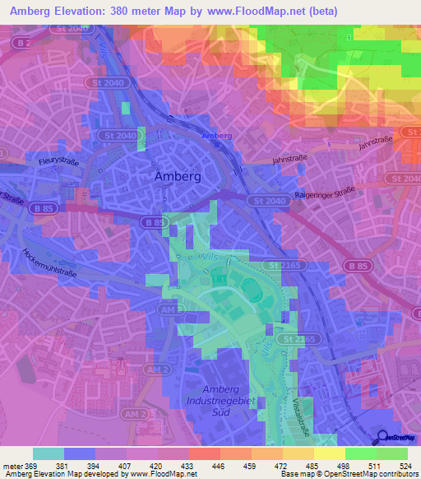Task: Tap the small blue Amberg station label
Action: pyautogui.click(x=217, y=135)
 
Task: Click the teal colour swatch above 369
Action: pyautogui.click(x=49, y=453)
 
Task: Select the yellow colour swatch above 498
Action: pyautogui.click(x=330, y=453)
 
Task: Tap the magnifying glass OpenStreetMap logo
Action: pyautogui.click(x=383, y=436)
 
